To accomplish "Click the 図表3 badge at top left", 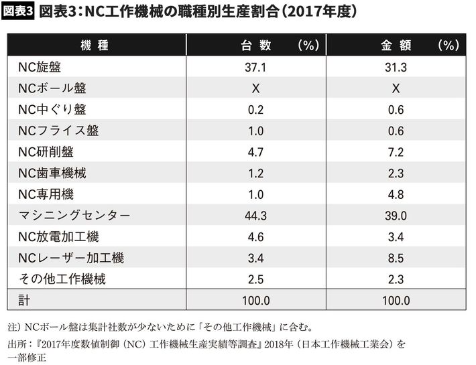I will [x=18, y=12].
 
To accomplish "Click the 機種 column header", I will [x=95, y=46].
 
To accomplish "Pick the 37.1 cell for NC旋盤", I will [x=255, y=67].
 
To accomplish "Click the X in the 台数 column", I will [x=255, y=88].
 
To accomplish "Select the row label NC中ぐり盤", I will [x=52, y=109].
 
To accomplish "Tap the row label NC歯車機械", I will [x=52, y=173].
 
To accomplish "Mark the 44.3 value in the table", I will [x=255, y=216].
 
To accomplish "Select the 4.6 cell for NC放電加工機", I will [x=255, y=236].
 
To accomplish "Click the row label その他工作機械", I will [x=62, y=279].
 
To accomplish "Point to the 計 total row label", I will [x=24, y=301].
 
